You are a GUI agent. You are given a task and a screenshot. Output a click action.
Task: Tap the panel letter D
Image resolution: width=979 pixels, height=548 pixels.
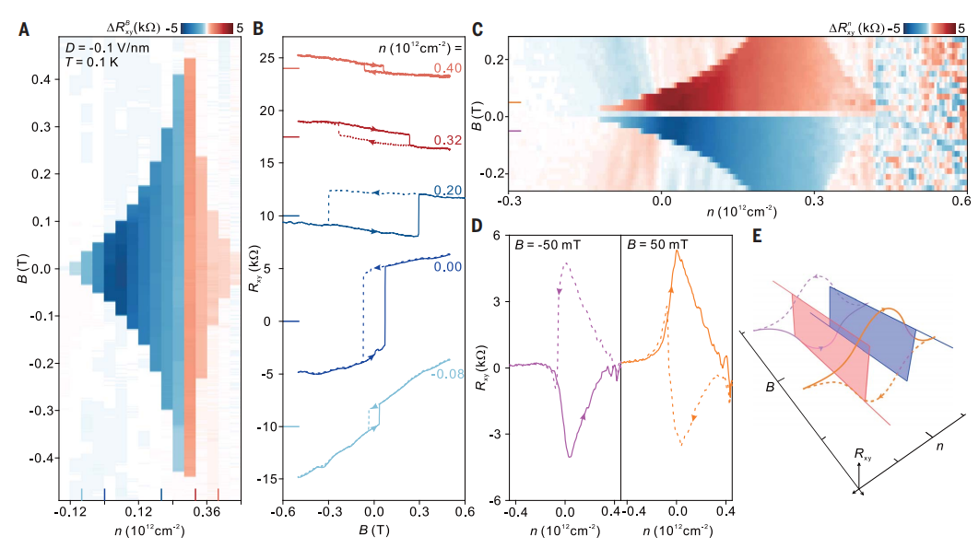point(477,225)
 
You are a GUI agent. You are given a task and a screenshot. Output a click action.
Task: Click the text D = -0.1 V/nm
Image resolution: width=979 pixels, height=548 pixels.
point(100,47)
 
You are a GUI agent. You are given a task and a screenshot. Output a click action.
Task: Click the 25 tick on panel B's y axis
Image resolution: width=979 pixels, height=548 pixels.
point(267,58)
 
